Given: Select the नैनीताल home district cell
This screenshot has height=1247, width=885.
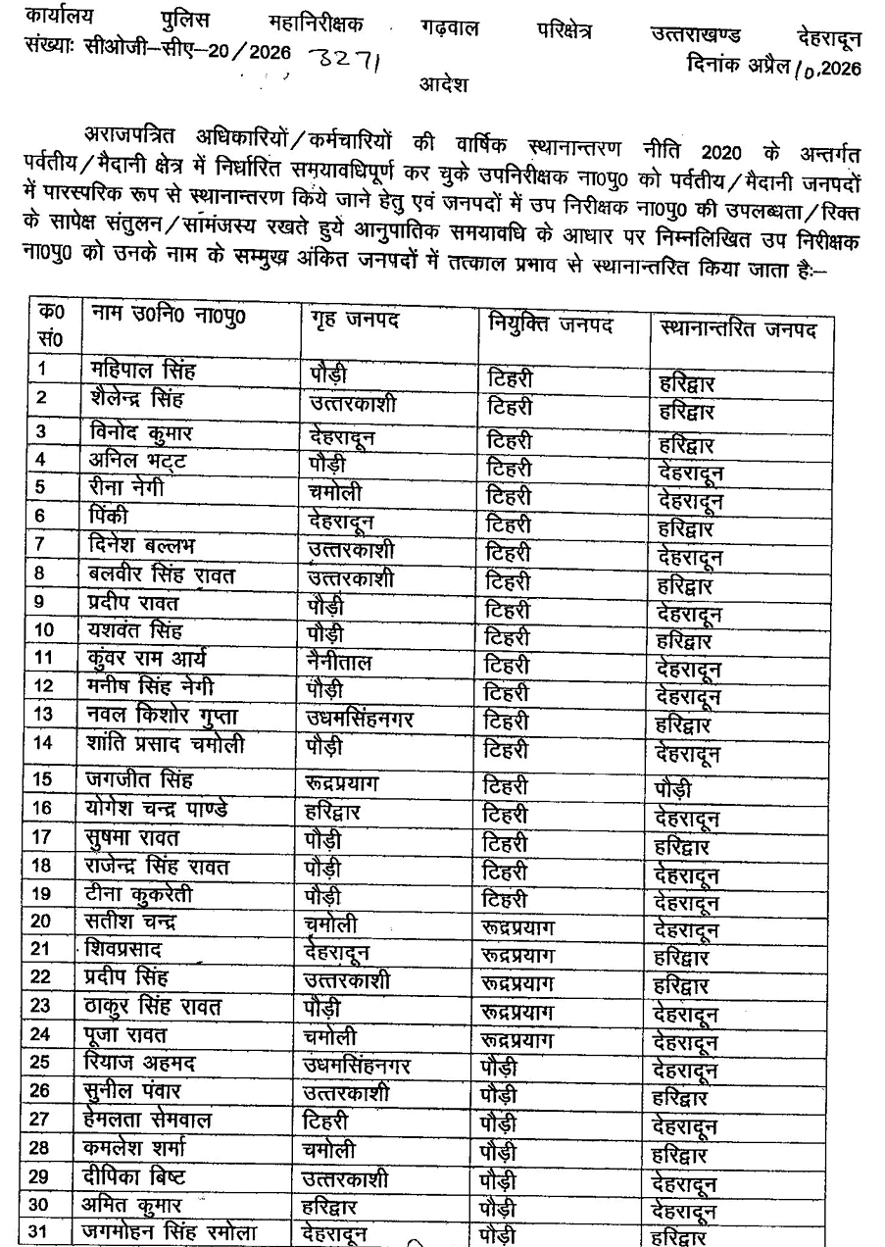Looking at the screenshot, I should point(339,663).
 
